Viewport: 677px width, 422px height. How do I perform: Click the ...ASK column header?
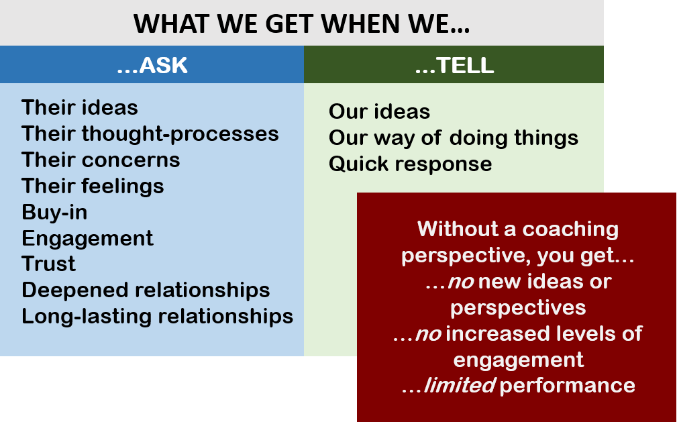[152, 65]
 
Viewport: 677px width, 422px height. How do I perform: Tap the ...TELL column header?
[454, 65]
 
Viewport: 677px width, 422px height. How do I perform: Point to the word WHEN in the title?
[370, 24]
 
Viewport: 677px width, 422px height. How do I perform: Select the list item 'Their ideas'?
[80, 107]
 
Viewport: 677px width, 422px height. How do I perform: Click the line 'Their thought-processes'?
[150, 134]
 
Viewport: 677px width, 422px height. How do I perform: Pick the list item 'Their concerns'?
[101, 160]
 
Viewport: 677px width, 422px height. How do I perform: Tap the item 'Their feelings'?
[93, 186]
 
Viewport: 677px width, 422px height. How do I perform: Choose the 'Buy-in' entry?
[54, 212]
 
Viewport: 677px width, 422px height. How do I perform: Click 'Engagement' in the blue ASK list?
[87, 238]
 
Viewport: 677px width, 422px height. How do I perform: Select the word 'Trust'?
[48, 264]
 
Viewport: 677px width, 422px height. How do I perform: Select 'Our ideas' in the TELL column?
[379, 111]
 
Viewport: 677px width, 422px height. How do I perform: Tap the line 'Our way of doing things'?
[453, 138]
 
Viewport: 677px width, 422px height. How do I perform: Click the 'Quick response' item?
[410, 164]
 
